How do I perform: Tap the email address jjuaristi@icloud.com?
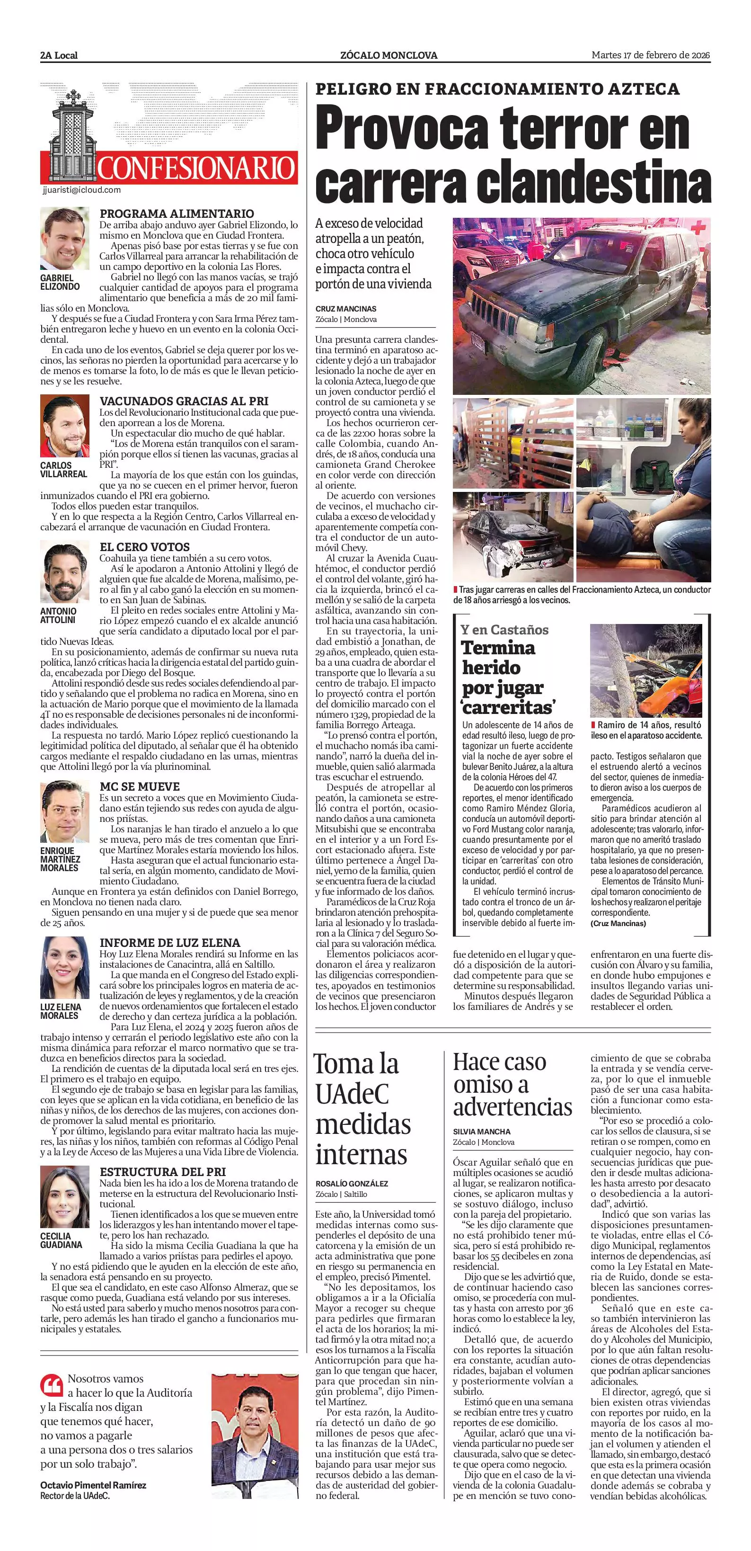(x=82, y=190)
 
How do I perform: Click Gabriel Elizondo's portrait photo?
(x=64, y=240)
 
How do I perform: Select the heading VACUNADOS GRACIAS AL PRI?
(x=184, y=401)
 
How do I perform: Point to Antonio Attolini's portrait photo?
(x=64, y=572)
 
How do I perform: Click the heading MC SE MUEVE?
(x=140, y=787)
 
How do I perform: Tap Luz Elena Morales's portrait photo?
(x=64, y=968)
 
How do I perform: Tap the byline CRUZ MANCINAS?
(x=346, y=309)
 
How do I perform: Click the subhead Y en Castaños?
(x=505, y=630)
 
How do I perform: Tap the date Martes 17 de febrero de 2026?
(x=651, y=55)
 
